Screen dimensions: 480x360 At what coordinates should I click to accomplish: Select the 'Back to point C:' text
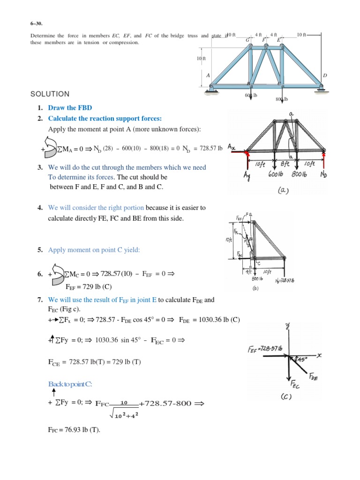click(71, 384)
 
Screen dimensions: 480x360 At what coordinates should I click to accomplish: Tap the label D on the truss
click(324, 75)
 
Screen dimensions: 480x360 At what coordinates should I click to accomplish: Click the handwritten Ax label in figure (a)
click(232, 147)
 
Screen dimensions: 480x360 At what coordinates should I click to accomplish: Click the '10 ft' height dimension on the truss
click(201, 58)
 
